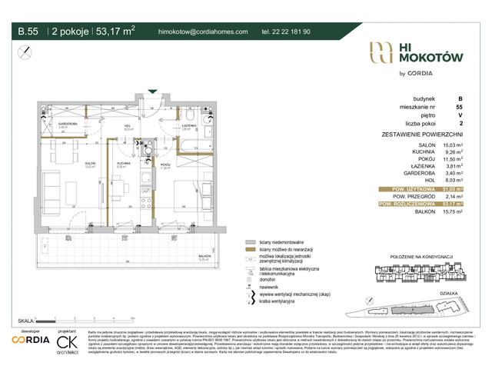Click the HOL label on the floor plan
[129, 125]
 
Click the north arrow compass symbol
[26, 52]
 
